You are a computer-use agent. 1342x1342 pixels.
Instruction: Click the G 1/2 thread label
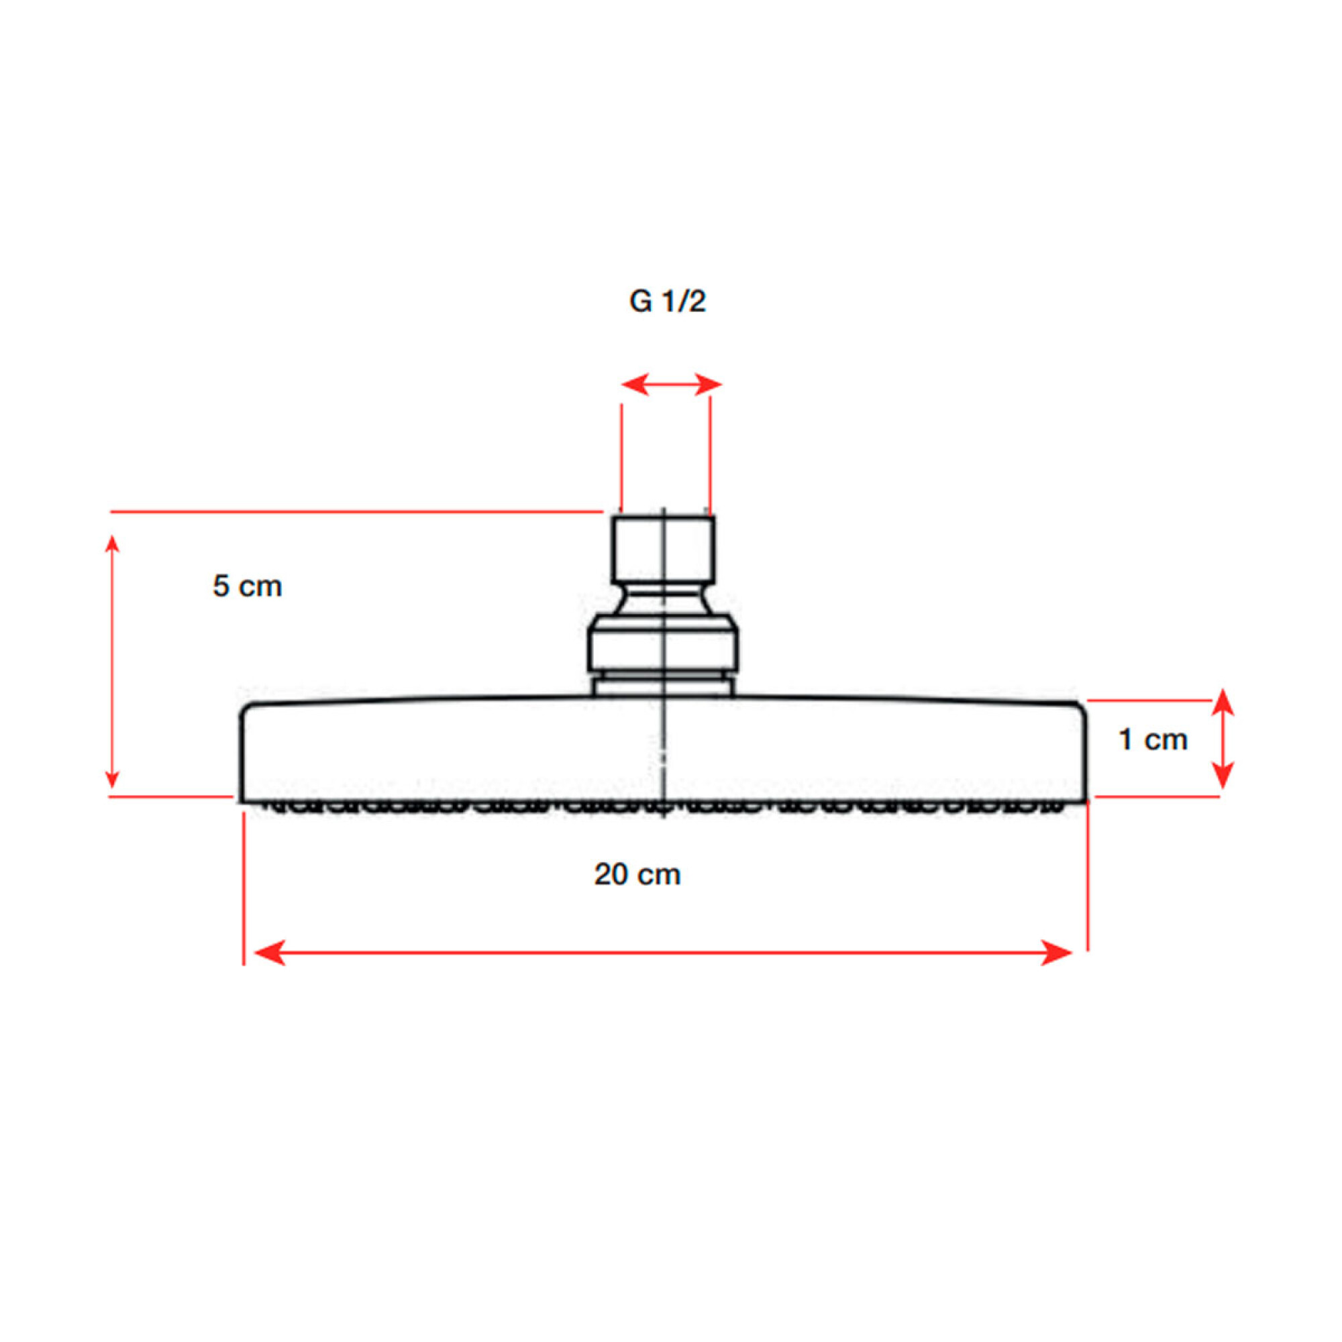[x=667, y=301]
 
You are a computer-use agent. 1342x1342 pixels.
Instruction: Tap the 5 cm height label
[x=248, y=586]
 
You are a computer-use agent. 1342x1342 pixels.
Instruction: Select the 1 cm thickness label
[x=1153, y=739]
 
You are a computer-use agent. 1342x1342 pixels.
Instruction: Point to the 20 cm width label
[x=637, y=874]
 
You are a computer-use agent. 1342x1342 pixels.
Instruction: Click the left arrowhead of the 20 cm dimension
[x=270, y=952]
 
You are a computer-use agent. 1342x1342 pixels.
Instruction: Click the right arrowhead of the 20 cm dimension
[x=1057, y=952]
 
